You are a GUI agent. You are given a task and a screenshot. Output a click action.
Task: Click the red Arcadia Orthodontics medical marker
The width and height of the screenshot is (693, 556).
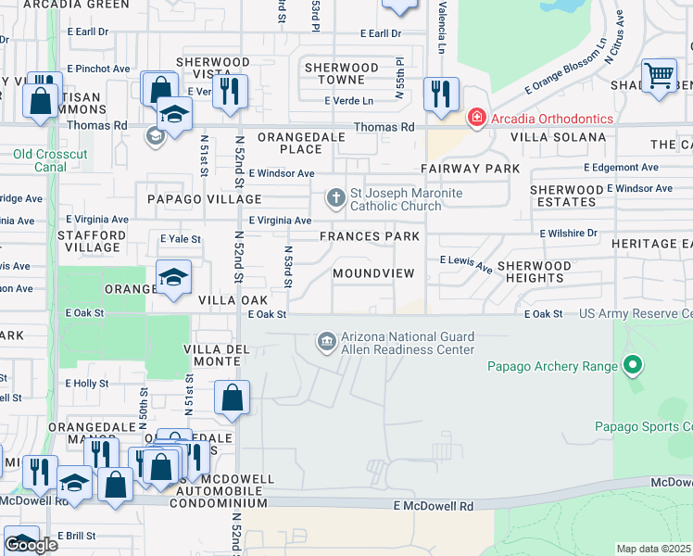point(476,118)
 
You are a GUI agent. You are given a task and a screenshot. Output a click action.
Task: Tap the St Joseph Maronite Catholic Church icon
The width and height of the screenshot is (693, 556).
point(336,196)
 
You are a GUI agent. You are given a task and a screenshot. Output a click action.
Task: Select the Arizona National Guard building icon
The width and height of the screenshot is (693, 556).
point(325,342)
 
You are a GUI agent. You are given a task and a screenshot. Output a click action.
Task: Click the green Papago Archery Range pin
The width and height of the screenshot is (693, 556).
point(632,366)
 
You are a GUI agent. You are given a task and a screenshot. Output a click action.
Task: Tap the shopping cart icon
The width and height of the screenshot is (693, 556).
point(659,75)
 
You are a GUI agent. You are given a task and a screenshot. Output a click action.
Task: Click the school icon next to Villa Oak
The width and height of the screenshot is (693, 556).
point(173,278)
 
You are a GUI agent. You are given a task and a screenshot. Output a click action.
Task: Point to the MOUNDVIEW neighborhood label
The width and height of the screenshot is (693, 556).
point(374,273)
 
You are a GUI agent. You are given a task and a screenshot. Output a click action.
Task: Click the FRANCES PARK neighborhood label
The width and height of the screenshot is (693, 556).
point(370,236)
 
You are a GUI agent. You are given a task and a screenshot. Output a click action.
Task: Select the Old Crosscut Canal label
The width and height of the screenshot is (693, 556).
point(39,160)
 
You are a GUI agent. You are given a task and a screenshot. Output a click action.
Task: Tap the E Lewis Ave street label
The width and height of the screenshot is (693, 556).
point(465,264)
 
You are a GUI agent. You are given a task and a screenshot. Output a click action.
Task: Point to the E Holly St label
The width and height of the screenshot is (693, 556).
point(87,383)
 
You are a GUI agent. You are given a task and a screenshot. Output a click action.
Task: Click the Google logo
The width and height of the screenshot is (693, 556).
point(31,544)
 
